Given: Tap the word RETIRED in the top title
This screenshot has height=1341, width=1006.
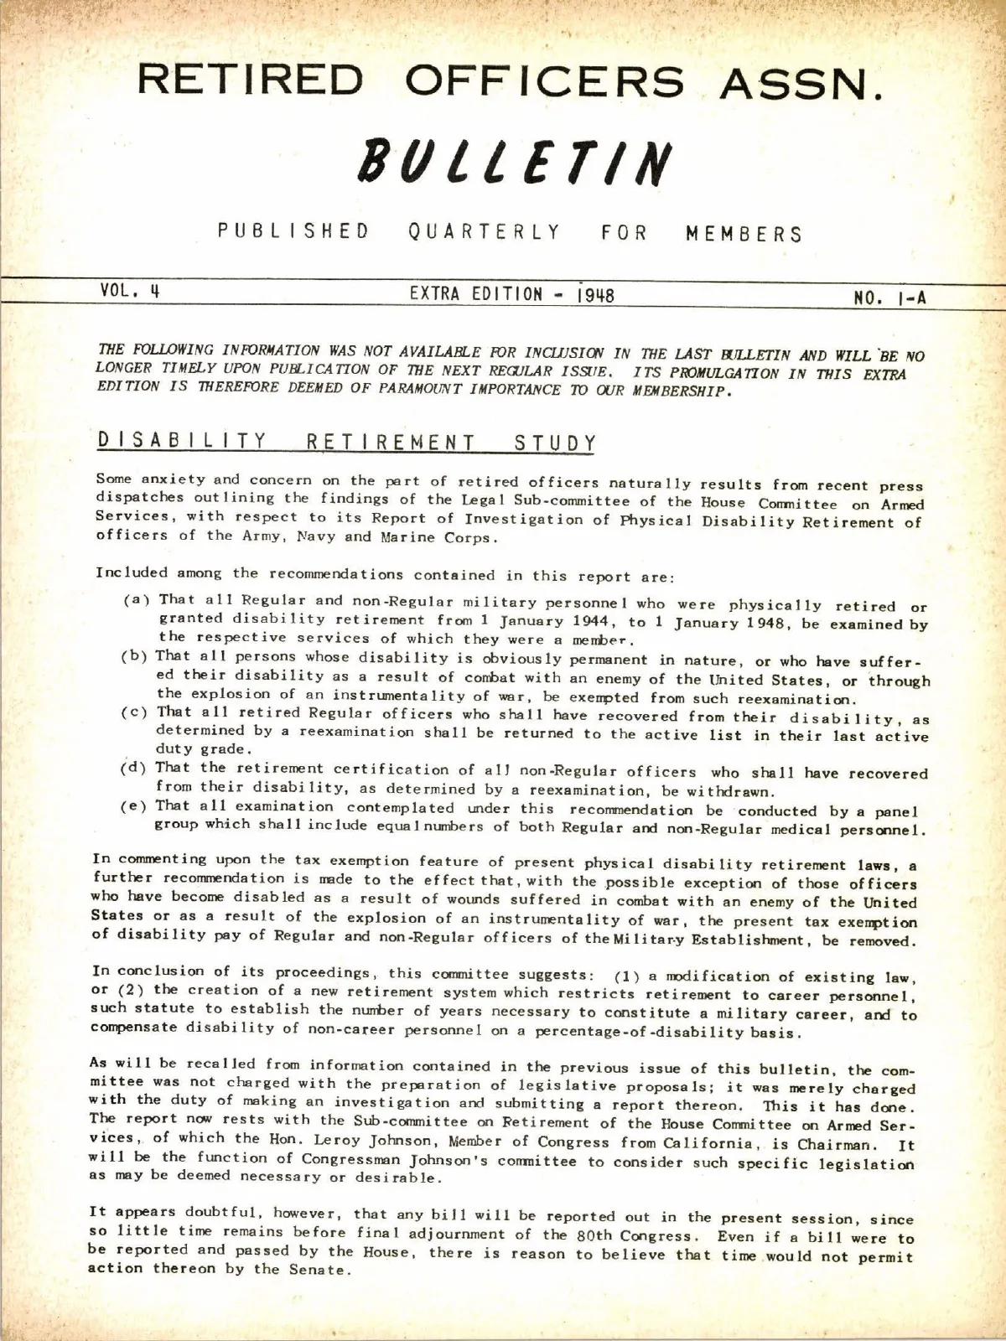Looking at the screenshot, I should [x=251, y=80].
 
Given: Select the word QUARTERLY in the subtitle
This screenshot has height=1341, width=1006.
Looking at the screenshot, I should [x=485, y=232].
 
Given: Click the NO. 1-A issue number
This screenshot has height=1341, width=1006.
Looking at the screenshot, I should [x=890, y=297].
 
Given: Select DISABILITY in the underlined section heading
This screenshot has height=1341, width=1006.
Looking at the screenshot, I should [x=182, y=440].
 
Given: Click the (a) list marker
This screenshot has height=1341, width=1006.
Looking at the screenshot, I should [x=137, y=600].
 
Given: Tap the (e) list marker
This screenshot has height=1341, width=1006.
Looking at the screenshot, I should [x=135, y=805].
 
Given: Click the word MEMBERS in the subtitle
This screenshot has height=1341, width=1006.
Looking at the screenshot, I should [x=744, y=234].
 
